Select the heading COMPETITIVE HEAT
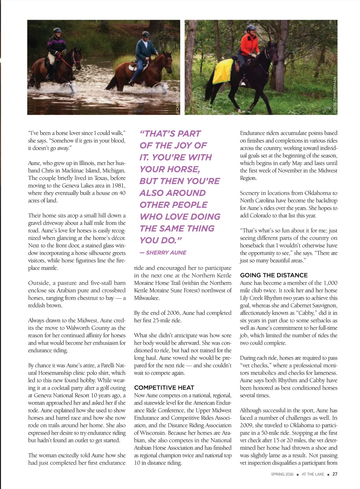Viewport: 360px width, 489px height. [164, 387]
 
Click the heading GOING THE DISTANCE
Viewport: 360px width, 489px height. [274, 275]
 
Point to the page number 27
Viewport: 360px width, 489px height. [335, 474]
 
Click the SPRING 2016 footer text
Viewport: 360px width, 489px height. [282, 474]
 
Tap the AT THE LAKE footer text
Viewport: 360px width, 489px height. [313, 474]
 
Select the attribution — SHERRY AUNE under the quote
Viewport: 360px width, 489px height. [163, 253]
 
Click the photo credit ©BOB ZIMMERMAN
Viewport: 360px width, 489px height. [335, 95]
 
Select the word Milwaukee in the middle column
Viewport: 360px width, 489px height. [147, 298]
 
